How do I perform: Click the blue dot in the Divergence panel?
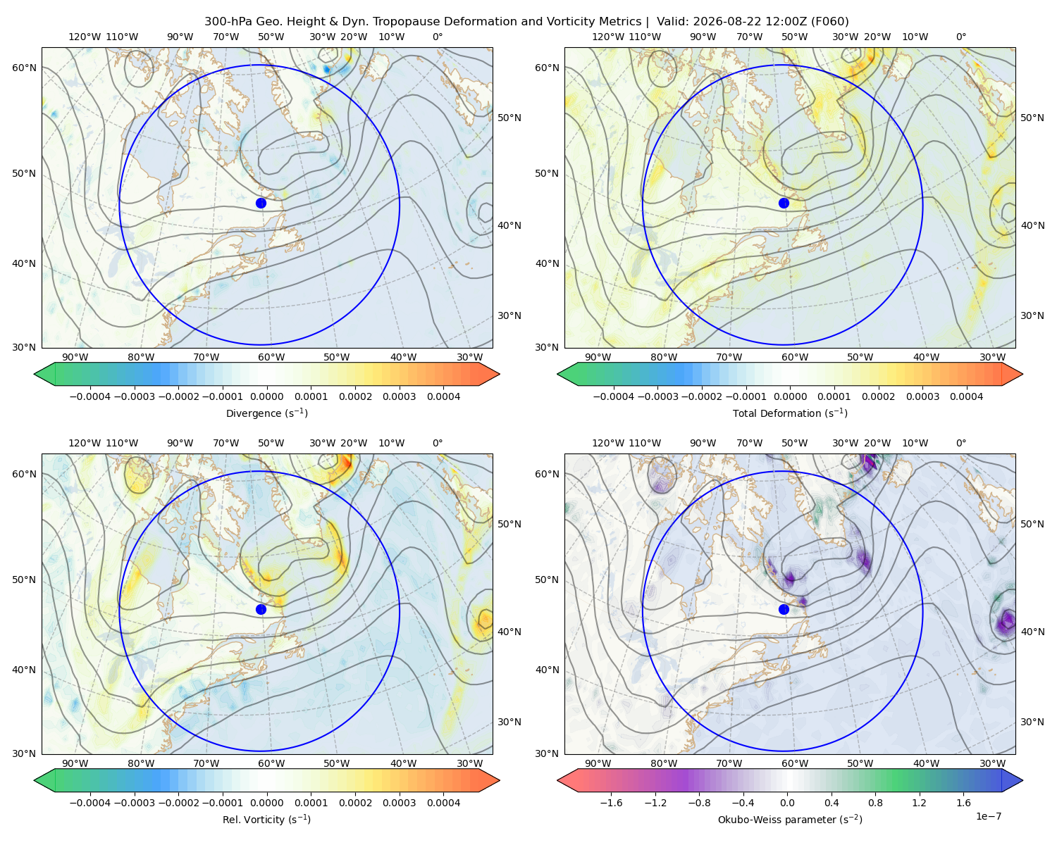[261, 203]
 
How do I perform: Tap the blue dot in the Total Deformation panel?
[784, 203]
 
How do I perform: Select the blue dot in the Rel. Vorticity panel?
[261, 609]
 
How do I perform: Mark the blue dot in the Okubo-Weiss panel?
[784, 609]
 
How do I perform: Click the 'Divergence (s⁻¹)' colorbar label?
[266, 413]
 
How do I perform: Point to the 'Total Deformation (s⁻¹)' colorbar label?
[790, 413]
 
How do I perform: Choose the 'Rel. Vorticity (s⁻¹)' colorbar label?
[266, 820]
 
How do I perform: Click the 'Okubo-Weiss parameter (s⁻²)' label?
[790, 820]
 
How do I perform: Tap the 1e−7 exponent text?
[988, 816]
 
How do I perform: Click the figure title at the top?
[526, 22]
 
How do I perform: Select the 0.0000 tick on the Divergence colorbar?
[266, 396]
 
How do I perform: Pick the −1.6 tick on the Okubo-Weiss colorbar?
[611, 803]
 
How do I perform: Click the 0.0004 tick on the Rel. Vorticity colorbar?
[443, 803]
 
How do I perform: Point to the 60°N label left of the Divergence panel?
[24, 68]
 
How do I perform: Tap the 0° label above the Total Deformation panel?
[960, 37]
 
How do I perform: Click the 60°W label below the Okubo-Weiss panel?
[795, 763]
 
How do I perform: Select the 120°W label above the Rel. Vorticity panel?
[85, 443]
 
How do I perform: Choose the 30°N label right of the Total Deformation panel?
[1032, 315]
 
